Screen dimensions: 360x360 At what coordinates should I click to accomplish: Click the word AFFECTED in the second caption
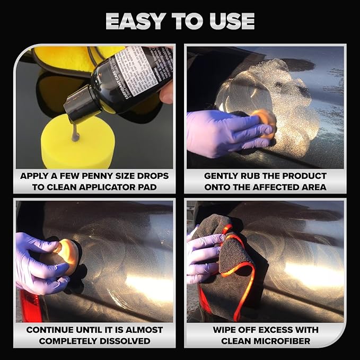click(x=277, y=187)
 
